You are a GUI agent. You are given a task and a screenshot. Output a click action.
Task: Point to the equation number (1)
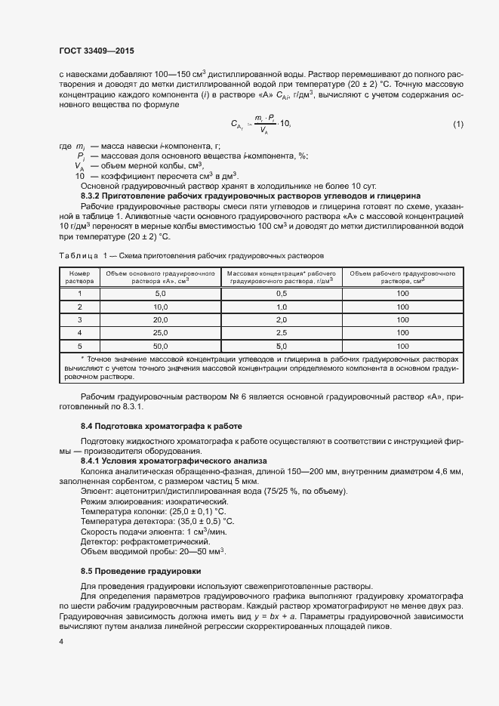pyautogui.click(x=457, y=124)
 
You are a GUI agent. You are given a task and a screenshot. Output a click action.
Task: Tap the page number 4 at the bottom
pyautogui.click(x=60, y=641)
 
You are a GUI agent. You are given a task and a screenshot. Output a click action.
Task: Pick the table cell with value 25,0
pyautogui.click(x=160, y=332)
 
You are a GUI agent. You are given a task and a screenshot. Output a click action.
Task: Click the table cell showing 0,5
pyautogui.click(x=282, y=293)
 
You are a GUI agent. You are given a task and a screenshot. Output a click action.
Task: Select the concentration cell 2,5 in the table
pyautogui.click(x=282, y=332)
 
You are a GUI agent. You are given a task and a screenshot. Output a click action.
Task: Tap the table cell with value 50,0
pyautogui.click(x=160, y=346)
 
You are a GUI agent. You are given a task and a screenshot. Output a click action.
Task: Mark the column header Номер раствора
pyautogui.click(x=79, y=276)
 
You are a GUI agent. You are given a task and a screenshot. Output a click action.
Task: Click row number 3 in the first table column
pyautogui.click(x=79, y=319)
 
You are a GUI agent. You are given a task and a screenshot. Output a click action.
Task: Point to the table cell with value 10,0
pyautogui.click(x=160, y=307)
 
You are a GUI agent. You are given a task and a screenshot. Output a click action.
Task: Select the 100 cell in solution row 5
pyautogui.click(x=402, y=346)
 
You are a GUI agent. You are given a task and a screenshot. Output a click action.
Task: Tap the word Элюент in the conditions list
pyautogui.click(x=97, y=492)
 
